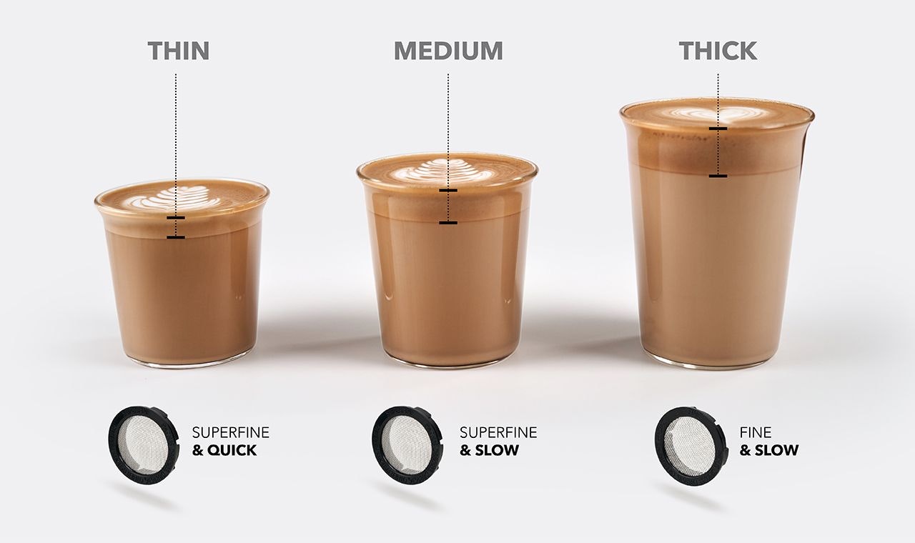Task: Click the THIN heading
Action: [x=179, y=51]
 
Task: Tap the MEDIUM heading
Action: [x=448, y=51]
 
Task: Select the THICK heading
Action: [x=718, y=51]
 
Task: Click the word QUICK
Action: [x=232, y=450]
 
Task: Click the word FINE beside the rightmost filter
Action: [x=756, y=432]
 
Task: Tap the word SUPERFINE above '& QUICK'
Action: [x=231, y=432]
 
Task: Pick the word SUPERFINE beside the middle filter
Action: [x=498, y=432]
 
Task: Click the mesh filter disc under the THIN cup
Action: [x=144, y=444]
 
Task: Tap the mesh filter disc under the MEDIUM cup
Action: [x=407, y=444]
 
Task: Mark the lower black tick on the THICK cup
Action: [x=718, y=176]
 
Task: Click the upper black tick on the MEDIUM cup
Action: [x=448, y=191]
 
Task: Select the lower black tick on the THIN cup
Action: [x=176, y=237]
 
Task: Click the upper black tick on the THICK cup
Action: [x=718, y=129]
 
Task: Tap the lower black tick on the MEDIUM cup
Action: [x=448, y=223]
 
